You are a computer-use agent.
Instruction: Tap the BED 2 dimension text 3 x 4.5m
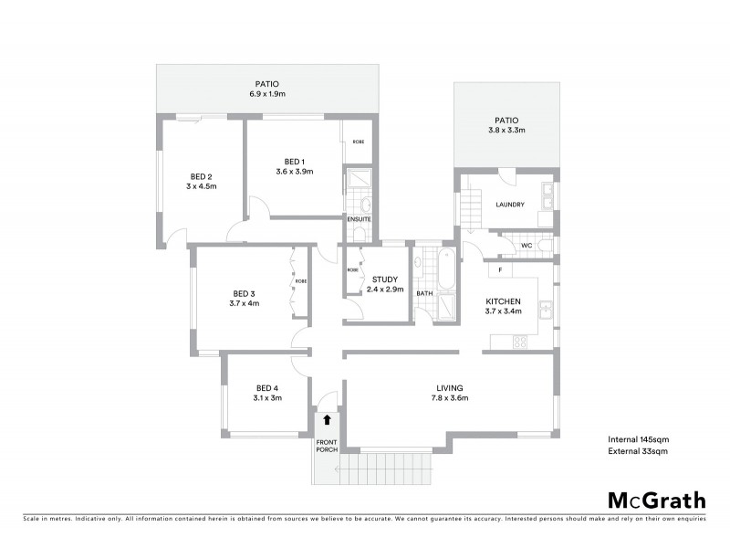[201, 187]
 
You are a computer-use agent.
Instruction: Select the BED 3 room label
[245, 293]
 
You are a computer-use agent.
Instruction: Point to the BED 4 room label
[267, 386]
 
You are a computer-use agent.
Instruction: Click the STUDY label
[383, 279]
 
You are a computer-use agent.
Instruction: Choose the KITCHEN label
[503, 301]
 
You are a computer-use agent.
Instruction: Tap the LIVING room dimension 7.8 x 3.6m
[450, 398]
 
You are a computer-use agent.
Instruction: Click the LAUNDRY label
[509, 205]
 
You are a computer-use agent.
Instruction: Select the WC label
[526, 245]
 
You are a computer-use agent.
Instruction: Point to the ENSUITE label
[358, 219]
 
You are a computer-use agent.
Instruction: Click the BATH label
[424, 294]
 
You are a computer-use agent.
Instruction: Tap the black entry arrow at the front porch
[327, 420]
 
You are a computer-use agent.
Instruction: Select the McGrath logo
[656, 500]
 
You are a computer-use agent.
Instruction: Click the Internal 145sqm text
[638, 439]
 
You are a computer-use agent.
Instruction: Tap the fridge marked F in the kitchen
[499, 271]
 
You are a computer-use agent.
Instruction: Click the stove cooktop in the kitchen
[521, 342]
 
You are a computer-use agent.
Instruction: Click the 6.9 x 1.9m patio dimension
[267, 94]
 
